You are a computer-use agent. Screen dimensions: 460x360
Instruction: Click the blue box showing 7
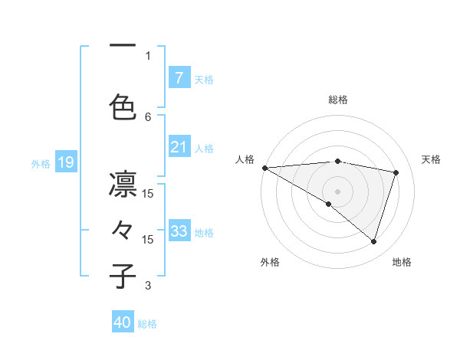[179, 78]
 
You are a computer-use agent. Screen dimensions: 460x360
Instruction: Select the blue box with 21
[179, 147]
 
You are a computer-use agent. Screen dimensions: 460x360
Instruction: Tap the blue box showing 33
[179, 231]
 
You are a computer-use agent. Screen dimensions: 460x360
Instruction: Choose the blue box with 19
[65, 162]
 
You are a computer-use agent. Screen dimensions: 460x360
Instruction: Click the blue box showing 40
[123, 322]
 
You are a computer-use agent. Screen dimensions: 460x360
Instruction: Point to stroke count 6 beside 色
[148, 116]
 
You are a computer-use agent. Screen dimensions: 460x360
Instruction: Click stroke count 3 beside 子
[148, 286]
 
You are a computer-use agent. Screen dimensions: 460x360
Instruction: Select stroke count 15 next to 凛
[148, 194]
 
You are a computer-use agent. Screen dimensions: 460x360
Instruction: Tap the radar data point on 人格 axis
[264, 167]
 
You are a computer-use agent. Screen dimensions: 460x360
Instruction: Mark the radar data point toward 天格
[396, 172]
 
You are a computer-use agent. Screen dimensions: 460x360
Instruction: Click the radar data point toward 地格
[373, 242]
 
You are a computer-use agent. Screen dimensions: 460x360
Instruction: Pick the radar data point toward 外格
[329, 204]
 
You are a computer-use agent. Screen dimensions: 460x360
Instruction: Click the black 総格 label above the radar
[338, 100]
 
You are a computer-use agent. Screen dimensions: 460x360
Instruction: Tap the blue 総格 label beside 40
[147, 324]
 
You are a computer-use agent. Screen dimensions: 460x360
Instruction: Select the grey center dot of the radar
[337, 191]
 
